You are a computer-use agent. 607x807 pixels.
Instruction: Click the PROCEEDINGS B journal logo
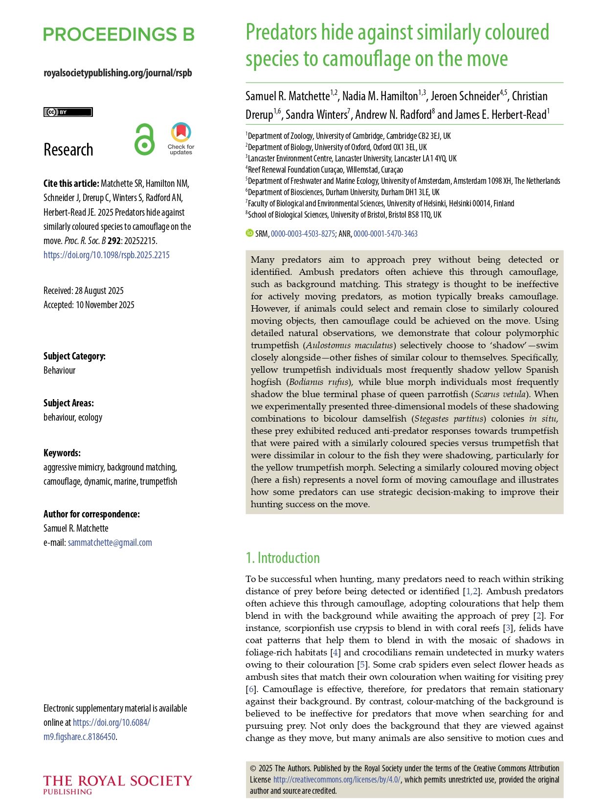(119, 34)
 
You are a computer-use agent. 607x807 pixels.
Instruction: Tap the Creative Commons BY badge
(68, 112)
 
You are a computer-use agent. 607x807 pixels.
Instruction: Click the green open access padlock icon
(144, 139)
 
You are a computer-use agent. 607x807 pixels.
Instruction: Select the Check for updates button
(181, 139)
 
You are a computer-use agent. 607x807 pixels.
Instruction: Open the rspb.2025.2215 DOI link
(107, 255)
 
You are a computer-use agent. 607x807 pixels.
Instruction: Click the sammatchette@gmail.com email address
(110, 542)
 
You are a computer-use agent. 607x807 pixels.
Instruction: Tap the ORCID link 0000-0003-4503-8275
(303, 234)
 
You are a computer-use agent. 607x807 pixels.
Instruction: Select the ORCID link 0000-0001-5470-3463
(385, 234)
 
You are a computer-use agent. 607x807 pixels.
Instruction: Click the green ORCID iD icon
(249, 233)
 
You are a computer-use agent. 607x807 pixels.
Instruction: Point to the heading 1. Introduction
(283, 558)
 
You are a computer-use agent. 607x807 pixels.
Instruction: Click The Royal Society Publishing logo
(117, 784)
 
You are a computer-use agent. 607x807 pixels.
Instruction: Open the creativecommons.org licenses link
(337, 780)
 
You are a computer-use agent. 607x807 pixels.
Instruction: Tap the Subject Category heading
(74, 356)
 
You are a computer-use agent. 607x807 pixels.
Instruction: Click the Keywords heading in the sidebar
(62, 453)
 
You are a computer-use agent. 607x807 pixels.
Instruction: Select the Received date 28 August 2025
(84, 291)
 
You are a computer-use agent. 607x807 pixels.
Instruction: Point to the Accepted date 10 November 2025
(89, 305)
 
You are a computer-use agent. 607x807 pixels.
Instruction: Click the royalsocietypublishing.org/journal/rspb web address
(118, 73)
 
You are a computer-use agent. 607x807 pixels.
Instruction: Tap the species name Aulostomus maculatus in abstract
(349, 345)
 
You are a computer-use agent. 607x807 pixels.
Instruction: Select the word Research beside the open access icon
(68, 149)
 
